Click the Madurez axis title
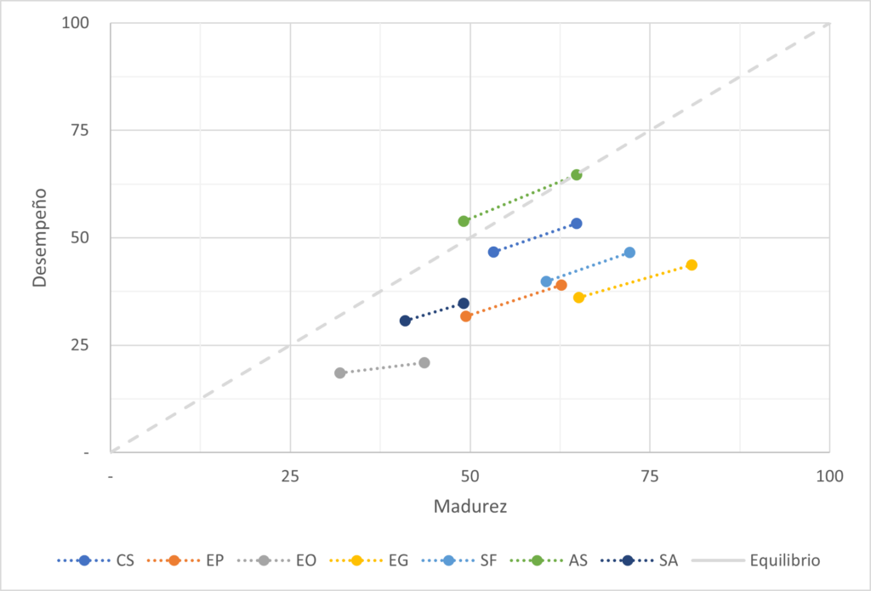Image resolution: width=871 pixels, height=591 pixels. click(x=470, y=507)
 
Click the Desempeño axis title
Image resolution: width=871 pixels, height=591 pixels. click(x=39, y=238)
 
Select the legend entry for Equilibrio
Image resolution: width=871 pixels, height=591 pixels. click(x=785, y=560)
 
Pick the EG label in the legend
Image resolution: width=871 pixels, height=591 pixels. click(x=397, y=560)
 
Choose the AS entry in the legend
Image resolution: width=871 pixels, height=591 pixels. click(x=578, y=560)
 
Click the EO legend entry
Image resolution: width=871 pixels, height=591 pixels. click(x=307, y=560)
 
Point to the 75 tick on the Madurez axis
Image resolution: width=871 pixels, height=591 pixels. click(x=650, y=476)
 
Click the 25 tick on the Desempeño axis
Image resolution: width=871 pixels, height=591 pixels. click(x=81, y=345)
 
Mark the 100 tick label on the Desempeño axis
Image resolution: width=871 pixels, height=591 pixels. click(x=77, y=23)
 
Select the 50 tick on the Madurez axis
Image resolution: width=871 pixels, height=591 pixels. click(x=470, y=476)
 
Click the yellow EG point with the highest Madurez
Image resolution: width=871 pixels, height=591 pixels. click(x=692, y=265)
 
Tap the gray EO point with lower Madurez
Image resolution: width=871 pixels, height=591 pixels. click(x=340, y=373)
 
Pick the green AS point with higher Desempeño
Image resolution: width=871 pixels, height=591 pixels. click(x=576, y=175)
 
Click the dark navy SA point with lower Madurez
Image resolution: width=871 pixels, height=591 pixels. click(x=406, y=321)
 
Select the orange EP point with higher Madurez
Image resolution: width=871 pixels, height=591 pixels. click(x=561, y=285)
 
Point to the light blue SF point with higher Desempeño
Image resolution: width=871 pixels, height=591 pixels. click(x=629, y=253)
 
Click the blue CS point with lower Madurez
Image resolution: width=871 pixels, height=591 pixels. click(x=493, y=253)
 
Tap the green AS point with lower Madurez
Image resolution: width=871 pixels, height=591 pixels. click(x=464, y=221)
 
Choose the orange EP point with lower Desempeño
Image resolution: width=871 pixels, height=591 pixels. click(x=466, y=316)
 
